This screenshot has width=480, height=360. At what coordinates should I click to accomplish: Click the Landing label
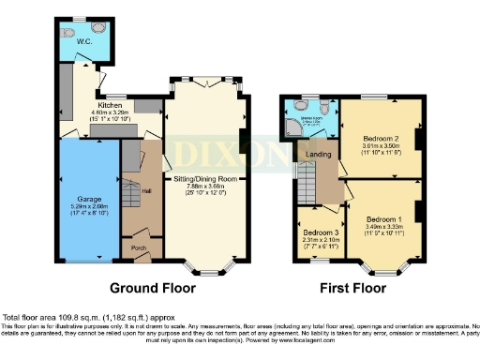(311, 156)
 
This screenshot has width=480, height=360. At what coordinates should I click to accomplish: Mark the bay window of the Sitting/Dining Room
(204, 265)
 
